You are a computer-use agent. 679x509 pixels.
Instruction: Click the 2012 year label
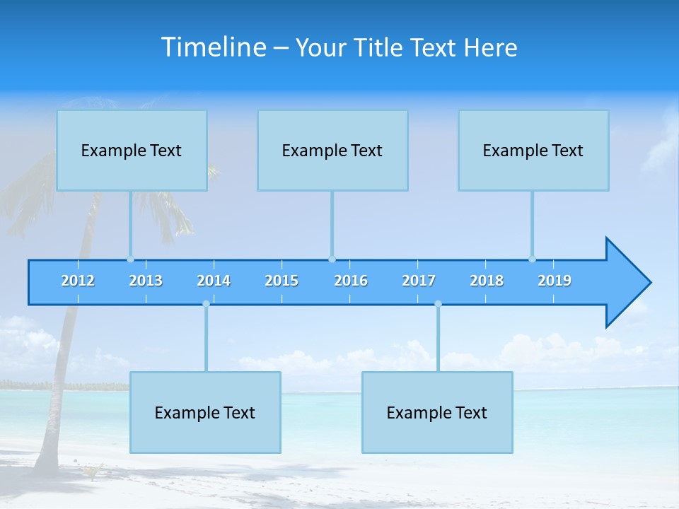click(x=78, y=281)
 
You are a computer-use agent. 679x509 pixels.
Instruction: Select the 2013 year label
click(x=146, y=281)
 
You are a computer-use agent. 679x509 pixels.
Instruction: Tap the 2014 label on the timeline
click(x=214, y=281)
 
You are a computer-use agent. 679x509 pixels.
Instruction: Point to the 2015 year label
click(x=282, y=281)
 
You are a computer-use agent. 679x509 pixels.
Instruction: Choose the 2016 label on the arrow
click(x=351, y=281)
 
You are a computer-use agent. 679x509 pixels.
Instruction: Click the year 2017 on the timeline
click(x=419, y=281)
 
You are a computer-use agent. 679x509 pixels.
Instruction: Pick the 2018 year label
click(x=487, y=281)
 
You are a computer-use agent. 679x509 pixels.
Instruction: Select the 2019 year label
click(x=555, y=281)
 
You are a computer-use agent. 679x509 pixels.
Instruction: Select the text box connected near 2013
click(x=132, y=151)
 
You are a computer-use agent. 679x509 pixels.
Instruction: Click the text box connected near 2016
click(x=332, y=151)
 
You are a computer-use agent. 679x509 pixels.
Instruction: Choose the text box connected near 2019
click(x=533, y=151)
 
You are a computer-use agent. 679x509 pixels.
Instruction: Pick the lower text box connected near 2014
click(x=205, y=413)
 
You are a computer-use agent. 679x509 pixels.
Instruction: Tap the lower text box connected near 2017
click(x=437, y=413)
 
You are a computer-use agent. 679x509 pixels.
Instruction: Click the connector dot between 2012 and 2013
click(x=130, y=259)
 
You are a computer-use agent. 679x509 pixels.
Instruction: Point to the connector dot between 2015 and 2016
click(x=332, y=259)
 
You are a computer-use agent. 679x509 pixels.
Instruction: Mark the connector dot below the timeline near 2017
click(x=438, y=304)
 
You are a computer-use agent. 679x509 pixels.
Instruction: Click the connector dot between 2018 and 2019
click(x=532, y=259)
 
